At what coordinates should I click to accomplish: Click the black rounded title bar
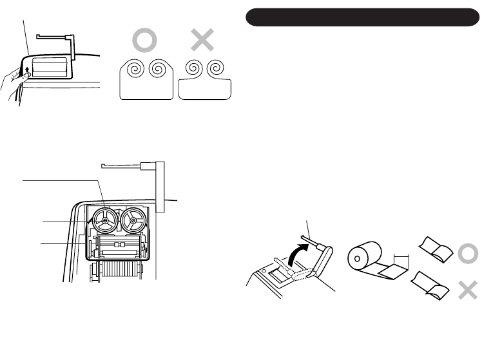tap(363, 17)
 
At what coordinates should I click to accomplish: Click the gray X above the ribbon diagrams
tap(202, 41)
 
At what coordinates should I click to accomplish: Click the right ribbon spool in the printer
tap(132, 222)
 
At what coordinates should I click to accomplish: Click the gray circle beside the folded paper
tap(468, 255)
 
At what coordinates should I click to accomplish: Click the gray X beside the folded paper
tap(468, 290)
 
